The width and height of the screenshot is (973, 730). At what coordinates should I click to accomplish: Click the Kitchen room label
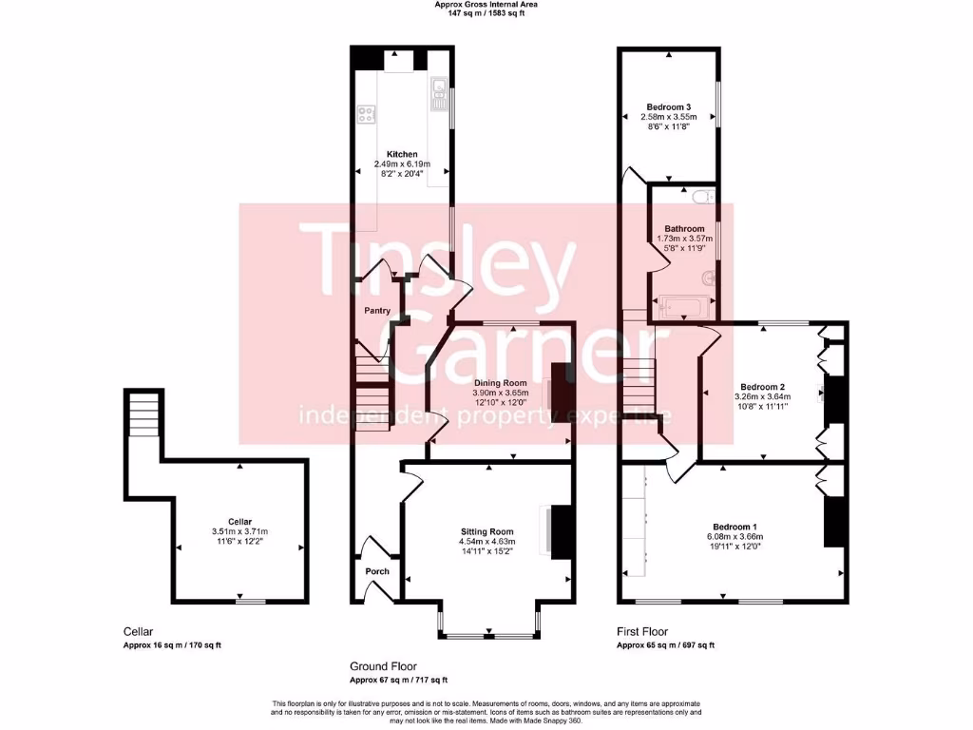pos(401,154)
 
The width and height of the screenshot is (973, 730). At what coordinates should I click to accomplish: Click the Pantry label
pos(378,311)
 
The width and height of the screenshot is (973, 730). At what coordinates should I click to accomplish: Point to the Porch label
pos(378,571)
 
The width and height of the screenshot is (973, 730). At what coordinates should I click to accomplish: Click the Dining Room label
pos(499,382)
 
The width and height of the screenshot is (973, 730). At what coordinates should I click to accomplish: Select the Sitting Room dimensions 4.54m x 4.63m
pos(486,543)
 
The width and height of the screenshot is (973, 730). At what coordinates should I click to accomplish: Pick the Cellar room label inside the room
pos(239,521)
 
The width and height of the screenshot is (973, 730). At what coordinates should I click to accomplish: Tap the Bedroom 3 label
pos(669,106)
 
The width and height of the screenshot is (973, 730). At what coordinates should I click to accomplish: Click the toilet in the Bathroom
pos(703,197)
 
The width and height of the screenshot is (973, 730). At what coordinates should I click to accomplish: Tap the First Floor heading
pos(642,631)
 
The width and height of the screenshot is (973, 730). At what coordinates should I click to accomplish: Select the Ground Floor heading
pos(383,666)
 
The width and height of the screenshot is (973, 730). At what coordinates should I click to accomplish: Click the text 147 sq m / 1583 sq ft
pos(486,12)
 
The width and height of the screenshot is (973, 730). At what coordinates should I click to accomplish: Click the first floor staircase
pos(639,380)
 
